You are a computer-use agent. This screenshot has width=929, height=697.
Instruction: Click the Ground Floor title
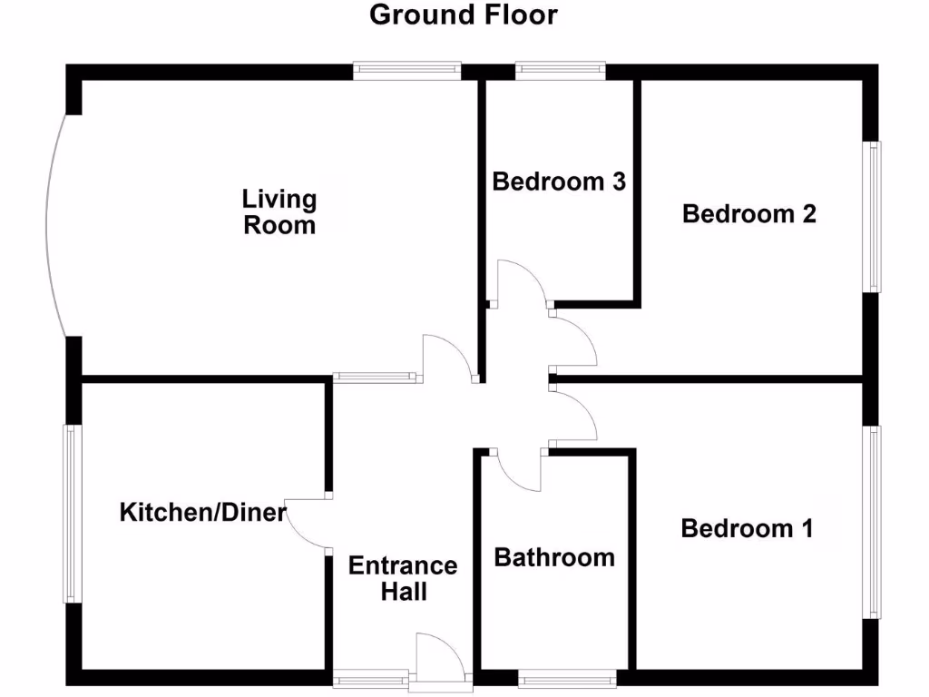click(464, 15)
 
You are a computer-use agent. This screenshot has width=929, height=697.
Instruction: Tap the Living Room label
click(279, 211)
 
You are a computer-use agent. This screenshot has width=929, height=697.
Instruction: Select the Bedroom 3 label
click(559, 182)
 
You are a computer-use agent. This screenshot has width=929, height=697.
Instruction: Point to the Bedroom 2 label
click(749, 214)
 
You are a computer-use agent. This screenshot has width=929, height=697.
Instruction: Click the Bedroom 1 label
click(747, 528)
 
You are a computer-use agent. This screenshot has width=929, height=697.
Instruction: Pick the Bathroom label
click(554, 557)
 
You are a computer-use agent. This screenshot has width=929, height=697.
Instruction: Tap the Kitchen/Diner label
click(203, 513)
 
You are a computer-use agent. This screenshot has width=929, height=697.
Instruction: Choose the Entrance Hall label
click(404, 578)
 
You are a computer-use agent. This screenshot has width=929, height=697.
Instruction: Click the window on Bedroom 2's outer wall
click(874, 216)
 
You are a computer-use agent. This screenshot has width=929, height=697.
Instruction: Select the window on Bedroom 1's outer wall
click(874, 522)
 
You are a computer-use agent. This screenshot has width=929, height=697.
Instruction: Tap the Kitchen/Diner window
click(72, 514)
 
